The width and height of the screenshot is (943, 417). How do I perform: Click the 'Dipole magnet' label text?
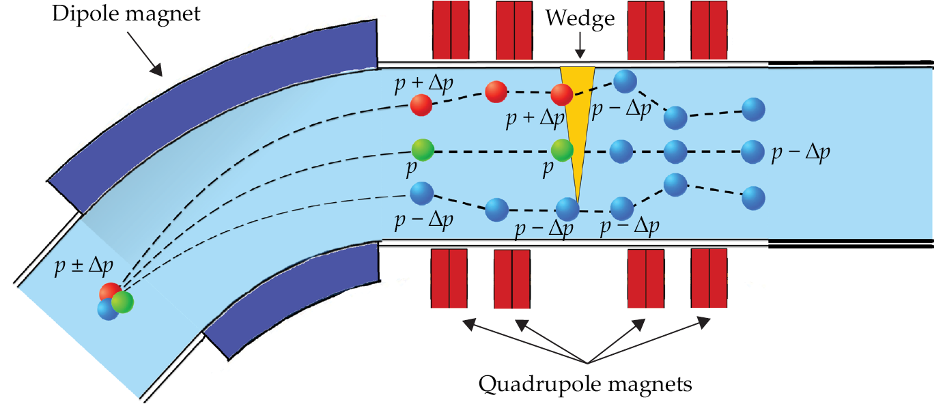128,14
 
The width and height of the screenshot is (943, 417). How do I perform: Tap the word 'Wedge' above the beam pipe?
579,19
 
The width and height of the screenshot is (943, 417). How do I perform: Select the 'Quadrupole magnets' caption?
585,384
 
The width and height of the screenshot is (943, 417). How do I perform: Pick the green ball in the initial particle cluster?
123,302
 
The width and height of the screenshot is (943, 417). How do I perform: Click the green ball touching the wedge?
562,149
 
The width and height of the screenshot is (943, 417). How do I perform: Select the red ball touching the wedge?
562,95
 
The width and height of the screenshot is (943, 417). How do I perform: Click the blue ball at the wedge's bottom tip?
568,208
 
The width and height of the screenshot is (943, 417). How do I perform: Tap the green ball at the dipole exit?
423,149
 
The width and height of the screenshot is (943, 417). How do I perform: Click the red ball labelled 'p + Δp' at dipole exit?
421,105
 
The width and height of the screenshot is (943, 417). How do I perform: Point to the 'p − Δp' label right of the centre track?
800,153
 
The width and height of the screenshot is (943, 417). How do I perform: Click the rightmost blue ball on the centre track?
752,150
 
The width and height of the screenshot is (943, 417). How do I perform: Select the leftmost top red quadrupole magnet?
450,29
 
